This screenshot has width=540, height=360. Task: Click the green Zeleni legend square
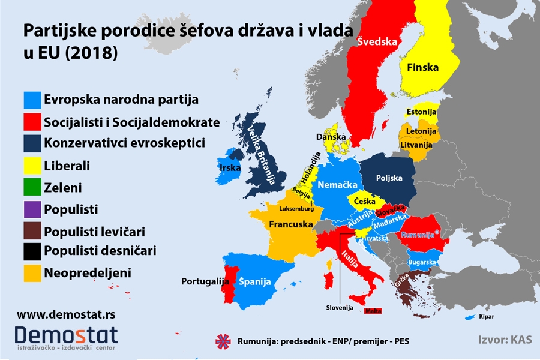click(x=32, y=188)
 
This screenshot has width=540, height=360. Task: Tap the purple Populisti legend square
click(x=32, y=209)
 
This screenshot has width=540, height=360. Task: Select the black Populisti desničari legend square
click(x=32, y=252)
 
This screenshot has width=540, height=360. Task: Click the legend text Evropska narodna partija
click(x=121, y=99)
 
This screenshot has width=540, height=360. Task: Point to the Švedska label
click(x=377, y=42)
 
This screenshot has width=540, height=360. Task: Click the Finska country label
click(x=422, y=68)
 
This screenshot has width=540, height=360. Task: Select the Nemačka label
click(x=338, y=185)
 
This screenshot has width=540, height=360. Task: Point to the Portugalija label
click(x=206, y=281)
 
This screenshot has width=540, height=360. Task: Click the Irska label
click(x=230, y=168)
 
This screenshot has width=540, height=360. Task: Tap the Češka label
click(x=365, y=201)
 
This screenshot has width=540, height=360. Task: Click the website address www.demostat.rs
click(x=58, y=314)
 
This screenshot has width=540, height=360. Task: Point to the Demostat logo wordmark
click(x=67, y=335)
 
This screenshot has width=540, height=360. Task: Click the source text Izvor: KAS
click(x=502, y=340)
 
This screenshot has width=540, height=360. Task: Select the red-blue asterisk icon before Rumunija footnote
click(x=223, y=341)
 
